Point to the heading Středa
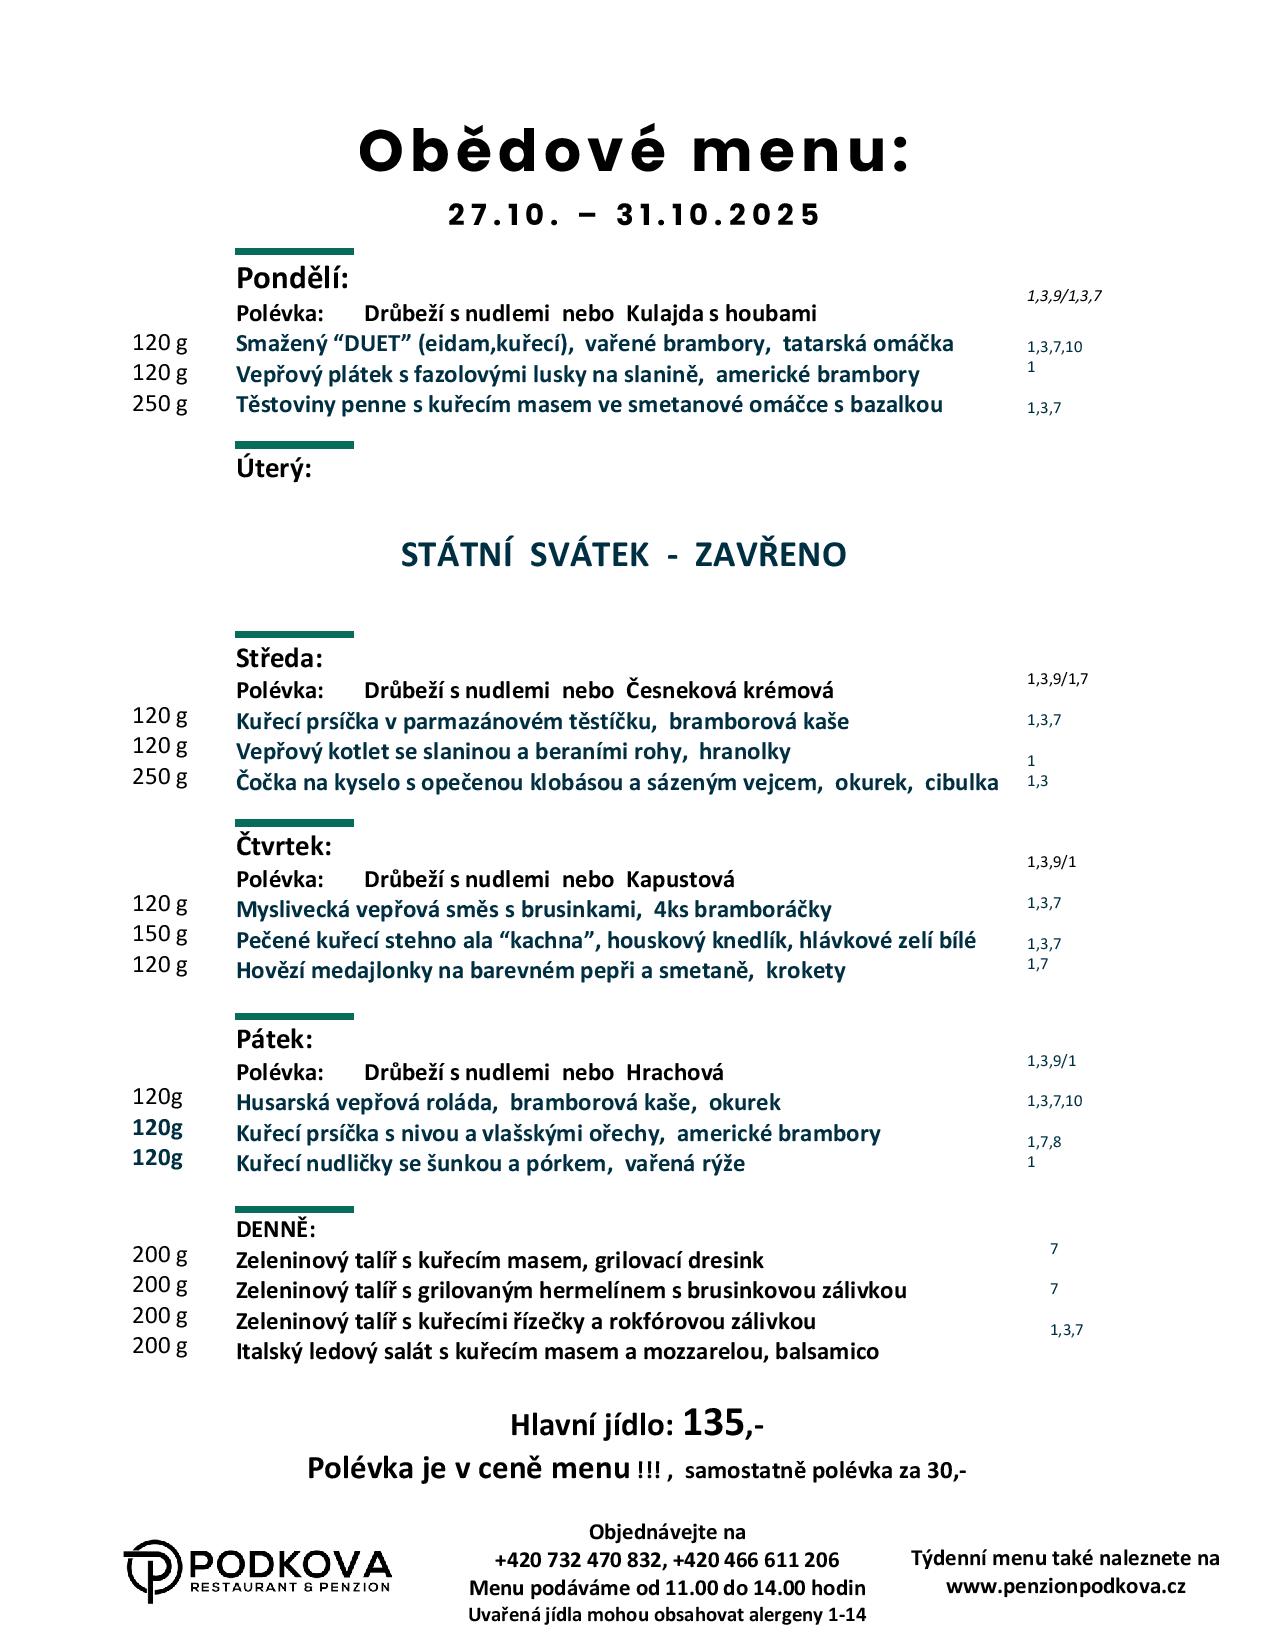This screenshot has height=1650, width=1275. (279, 659)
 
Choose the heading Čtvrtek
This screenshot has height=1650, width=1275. (283, 847)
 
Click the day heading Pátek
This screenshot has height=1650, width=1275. (274, 1039)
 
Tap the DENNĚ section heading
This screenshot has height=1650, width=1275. (275, 1229)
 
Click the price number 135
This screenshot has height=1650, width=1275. (714, 1422)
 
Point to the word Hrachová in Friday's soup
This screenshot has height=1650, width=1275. (674, 1073)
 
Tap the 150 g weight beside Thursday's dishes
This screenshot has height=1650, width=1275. (160, 934)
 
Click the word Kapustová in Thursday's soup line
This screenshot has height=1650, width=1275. (680, 880)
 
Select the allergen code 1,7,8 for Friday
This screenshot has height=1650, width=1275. (1044, 1142)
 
